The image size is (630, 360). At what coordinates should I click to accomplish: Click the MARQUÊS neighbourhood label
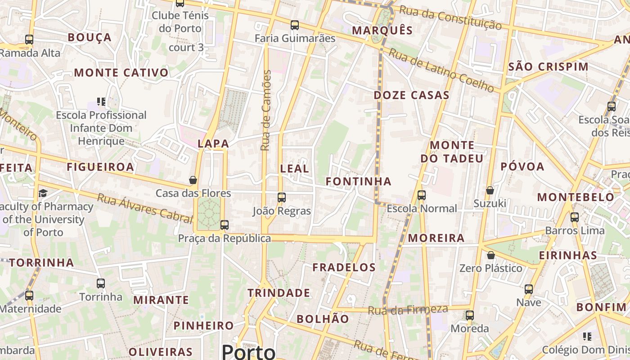pyautogui.click(x=382, y=30)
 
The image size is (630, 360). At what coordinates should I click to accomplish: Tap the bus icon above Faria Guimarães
pyautogui.click(x=295, y=25)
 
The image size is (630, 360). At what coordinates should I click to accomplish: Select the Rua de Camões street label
pyautogui.click(x=267, y=110)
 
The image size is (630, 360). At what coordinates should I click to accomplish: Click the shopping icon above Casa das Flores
pyautogui.click(x=193, y=180)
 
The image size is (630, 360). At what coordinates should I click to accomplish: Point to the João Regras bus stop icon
pyautogui.click(x=282, y=197)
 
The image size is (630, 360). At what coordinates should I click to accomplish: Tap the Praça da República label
pyautogui.click(x=224, y=238)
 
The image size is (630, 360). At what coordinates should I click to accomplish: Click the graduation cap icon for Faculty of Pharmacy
pyautogui.click(x=43, y=193)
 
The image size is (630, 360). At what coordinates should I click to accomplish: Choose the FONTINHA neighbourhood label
pyautogui.click(x=358, y=181)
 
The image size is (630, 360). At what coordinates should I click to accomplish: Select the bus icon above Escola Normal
pyautogui.click(x=422, y=195)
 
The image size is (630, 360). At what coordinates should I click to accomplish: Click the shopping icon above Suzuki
pyautogui.click(x=490, y=190)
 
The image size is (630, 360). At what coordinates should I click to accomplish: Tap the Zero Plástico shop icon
pyautogui.click(x=491, y=255)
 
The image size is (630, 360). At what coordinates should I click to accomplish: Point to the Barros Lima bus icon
pyautogui.click(x=575, y=217)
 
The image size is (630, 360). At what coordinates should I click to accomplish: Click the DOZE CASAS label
pyautogui.click(x=411, y=95)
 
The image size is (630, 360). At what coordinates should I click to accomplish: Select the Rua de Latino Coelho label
pyautogui.click(x=441, y=70)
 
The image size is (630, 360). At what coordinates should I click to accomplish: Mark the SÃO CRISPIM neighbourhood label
pyautogui.click(x=548, y=67)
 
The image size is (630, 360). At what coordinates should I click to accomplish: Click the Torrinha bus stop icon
pyautogui.click(x=101, y=283)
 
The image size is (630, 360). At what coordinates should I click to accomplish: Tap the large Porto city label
pyautogui.click(x=248, y=351)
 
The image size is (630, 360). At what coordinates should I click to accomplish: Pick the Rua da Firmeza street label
pyautogui.click(x=408, y=310)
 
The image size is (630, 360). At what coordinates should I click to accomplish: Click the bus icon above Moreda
pyautogui.click(x=470, y=315)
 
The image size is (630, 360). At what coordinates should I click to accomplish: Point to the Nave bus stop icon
pyautogui.click(x=529, y=289)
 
